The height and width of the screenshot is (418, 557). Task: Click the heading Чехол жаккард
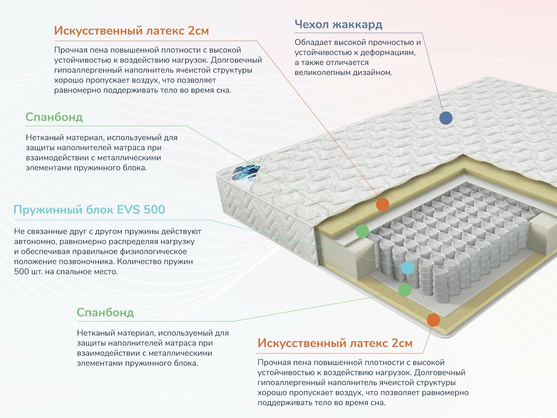click(338, 24)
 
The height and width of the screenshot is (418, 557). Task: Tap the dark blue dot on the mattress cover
click(446, 118)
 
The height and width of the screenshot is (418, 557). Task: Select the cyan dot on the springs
click(407, 268)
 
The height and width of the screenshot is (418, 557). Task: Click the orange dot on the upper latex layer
click(383, 204)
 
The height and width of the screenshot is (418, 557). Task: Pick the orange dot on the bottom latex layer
click(433, 320)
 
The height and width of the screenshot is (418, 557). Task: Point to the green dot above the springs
click(362, 231)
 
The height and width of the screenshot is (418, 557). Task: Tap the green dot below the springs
click(405, 289)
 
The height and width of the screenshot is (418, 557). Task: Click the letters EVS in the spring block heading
click(128, 210)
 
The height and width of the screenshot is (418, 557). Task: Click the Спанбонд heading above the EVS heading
click(54, 117)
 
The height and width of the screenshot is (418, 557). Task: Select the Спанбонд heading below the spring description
click(105, 312)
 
